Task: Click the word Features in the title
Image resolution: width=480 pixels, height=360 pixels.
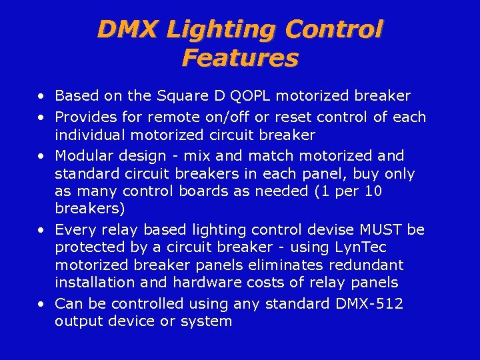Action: pyautogui.click(x=239, y=58)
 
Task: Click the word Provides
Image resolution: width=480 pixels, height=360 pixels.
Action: pyautogui.click(x=83, y=117)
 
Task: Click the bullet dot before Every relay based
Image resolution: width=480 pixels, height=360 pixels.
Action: pyautogui.click(x=42, y=231)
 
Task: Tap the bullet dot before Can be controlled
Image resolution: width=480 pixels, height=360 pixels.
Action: pyautogui.click(x=42, y=305)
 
